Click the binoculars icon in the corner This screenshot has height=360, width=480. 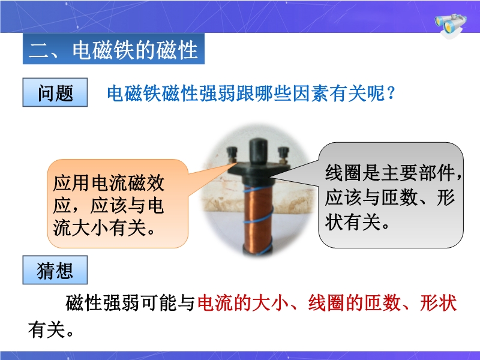[x=451, y=25]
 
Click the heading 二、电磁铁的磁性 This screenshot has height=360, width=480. [x=113, y=49]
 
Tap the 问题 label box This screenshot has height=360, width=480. [x=55, y=92]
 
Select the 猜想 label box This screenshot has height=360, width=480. [x=55, y=270]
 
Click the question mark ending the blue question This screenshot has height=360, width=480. [x=391, y=93]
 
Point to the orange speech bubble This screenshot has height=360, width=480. [x=118, y=203]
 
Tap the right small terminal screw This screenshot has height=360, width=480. [x=283, y=154]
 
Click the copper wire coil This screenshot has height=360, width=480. [x=258, y=219]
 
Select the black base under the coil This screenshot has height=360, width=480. [x=258, y=251]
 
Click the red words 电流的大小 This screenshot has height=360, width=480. [x=243, y=303]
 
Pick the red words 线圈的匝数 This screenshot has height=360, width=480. [x=354, y=303]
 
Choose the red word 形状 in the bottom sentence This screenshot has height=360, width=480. [x=439, y=303]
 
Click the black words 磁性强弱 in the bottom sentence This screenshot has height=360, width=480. [x=102, y=303]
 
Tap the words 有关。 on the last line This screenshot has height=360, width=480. [x=51, y=330]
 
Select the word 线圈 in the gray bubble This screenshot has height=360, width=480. [x=343, y=173]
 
